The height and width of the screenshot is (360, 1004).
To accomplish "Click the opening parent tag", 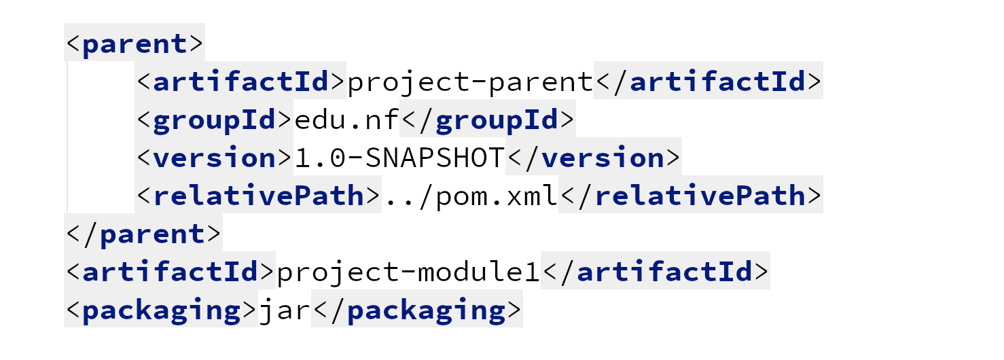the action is click(x=135, y=43).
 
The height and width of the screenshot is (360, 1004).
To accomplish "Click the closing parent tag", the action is click(x=143, y=234).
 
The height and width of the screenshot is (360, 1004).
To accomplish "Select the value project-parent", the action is click(x=470, y=82).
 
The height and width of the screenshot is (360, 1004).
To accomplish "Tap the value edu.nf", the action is click(x=346, y=120).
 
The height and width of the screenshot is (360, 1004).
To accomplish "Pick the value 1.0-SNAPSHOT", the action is click(x=399, y=158).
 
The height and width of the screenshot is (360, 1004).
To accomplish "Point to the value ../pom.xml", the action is click(x=470, y=196).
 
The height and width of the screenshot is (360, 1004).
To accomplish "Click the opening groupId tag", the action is click(x=214, y=120).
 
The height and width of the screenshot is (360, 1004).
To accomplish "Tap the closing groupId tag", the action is click(x=488, y=120).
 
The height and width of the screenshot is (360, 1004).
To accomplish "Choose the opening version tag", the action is click(x=214, y=158).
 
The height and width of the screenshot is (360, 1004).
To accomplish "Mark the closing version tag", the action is click(x=594, y=158).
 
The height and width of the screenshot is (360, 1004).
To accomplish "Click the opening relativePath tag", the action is click(x=258, y=196).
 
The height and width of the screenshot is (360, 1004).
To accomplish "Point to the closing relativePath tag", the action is click(x=691, y=196).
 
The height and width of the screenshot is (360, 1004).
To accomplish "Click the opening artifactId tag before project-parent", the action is click(x=240, y=82).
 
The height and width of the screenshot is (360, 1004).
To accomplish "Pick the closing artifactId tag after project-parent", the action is click(x=709, y=82).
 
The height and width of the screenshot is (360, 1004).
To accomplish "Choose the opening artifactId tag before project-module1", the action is click(x=170, y=272).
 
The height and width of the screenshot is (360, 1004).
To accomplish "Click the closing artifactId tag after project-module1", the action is click(x=656, y=272).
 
